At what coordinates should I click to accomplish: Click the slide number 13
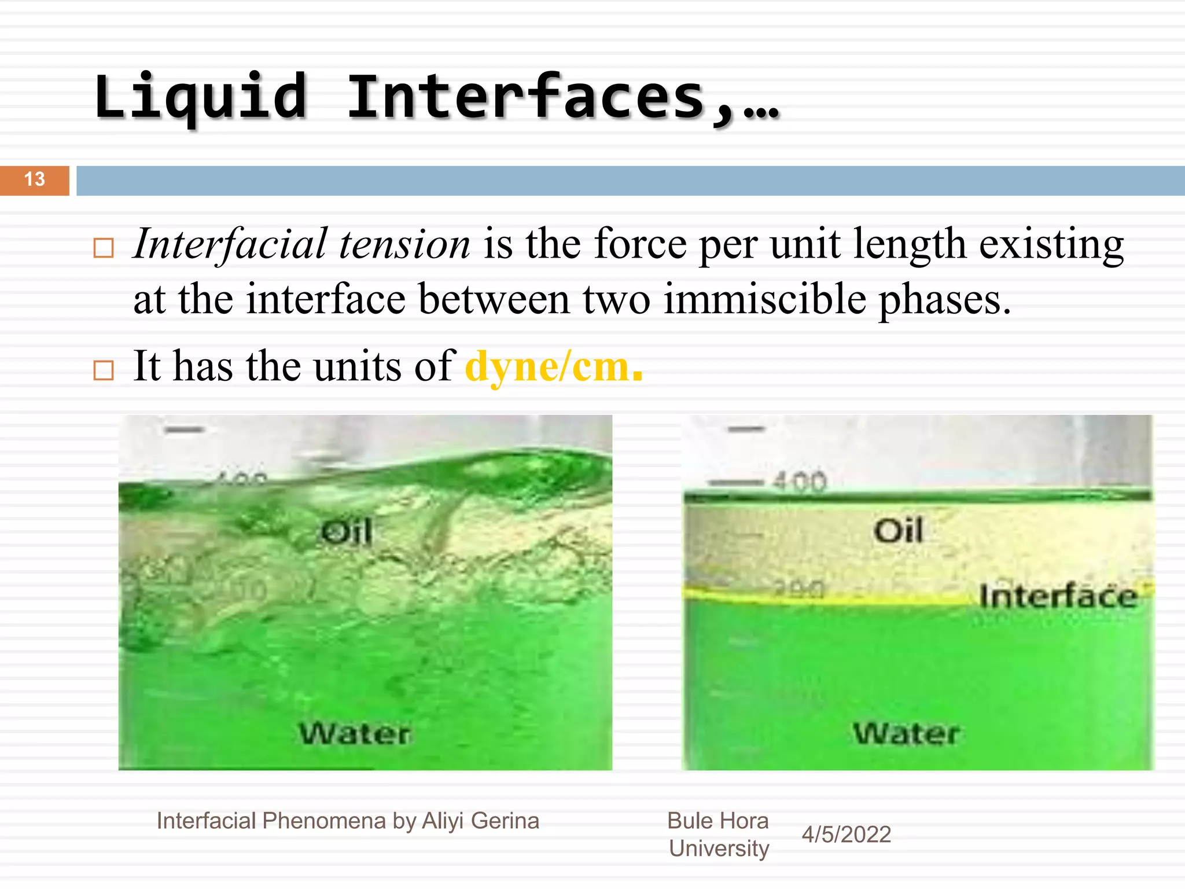tap(35, 179)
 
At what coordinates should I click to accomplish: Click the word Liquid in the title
tap(200, 97)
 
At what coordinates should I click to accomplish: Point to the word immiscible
tap(765, 300)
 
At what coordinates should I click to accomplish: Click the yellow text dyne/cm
tap(553, 367)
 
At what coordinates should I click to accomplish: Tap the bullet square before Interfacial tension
tap(104, 248)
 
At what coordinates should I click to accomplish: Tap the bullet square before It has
tap(104, 370)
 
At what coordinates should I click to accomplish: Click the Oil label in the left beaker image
tap(346, 531)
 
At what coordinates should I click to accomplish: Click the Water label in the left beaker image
tap(355, 734)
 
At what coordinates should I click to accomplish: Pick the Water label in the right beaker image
tap(906, 733)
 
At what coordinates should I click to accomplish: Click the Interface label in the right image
tap(1058, 596)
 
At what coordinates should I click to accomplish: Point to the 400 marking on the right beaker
tap(800, 482)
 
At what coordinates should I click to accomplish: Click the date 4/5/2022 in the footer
tap(846, 835)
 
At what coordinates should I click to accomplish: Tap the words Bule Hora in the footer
tap(717, 821)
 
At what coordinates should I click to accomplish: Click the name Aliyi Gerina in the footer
tap(480, 821)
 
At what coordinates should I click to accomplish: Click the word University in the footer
tap(719, 848)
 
